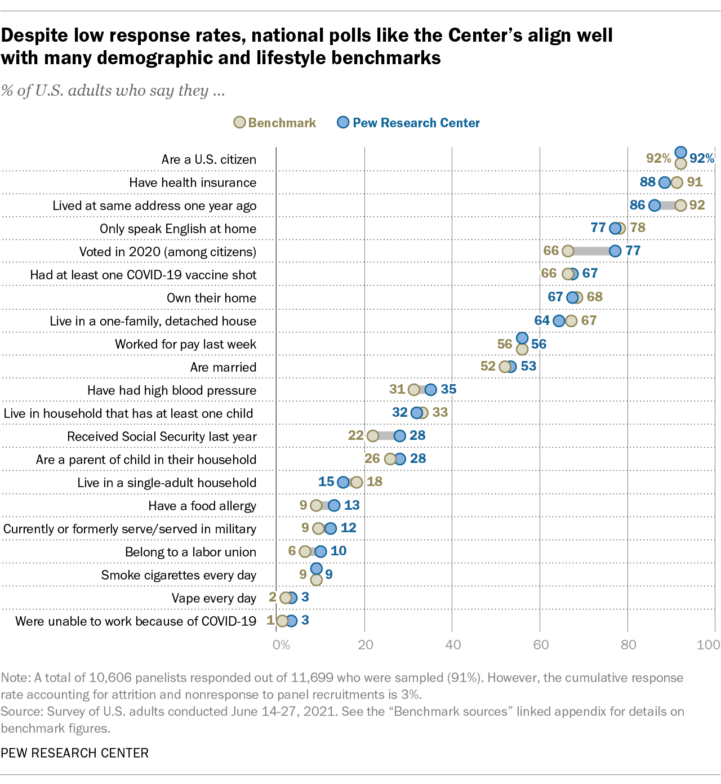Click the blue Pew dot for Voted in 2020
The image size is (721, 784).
click(x=615, y=251)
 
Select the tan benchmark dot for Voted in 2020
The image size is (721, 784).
click(x=568, y=251)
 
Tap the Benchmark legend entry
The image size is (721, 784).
click(x=275, y=123)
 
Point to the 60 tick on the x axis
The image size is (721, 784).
click(x=541, y=644)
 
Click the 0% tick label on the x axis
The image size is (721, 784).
click(x=281, y=644)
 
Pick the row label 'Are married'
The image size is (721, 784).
click(x=223, y=367)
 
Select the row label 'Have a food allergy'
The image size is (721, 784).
click(x=202, y=506)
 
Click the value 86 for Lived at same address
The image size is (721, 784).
click(x=637, y=205)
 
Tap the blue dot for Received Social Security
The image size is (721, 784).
click(x=399, y=435)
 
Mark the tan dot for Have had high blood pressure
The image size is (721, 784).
click(x=414, y=390)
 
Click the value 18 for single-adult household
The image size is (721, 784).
click(x=375, y=482)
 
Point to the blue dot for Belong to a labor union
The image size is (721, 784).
click(x=321, y=551)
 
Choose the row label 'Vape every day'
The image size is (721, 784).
click(x=214, y=598)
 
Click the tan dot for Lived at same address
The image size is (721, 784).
click(x=680, y=205)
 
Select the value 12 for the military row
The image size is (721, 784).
click(x=349, y=528)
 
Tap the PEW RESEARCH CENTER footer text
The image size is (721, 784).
click(x=75, y=753)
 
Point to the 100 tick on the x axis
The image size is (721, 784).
click(x=708, y=644)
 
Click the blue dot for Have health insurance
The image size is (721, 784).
click(x=665, y=182)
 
